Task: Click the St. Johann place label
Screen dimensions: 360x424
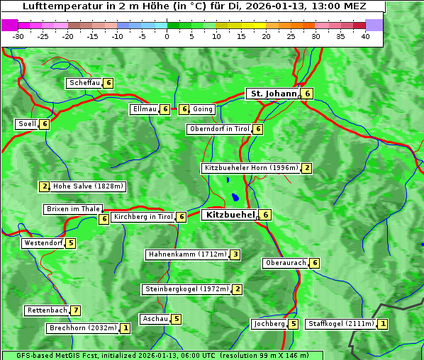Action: pyautogui.click(x=272, y=94)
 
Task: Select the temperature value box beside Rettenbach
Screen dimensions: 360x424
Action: pyautogui.click(x=76, y=310)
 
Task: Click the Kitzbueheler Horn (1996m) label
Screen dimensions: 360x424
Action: pyautogui.click(x=251, y=168)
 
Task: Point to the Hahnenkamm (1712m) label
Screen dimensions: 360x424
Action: pyautogui.click(x=187, y=254)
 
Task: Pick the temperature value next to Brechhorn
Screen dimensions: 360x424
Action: pyautogui.click(x=125, y=328)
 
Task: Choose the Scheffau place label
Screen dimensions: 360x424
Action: pyautogui.click(x=84, y=83)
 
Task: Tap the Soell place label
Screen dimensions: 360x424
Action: pyautogui.click(x=27, y=124)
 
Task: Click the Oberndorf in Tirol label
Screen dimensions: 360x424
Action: pyautogui.click(x=219, y=129)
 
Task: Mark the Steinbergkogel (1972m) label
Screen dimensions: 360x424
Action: pyautogui.click(x=186, y=289)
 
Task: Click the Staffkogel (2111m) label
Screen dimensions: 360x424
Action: pyautogui.click(x=340, y=324)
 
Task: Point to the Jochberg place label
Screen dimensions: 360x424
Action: pyautogui.click(x=269, y=324)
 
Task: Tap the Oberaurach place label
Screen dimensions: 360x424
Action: pyautogui.click(x=285, y=263)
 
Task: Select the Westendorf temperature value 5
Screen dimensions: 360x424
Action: pyautogui.click(x=71, y=243)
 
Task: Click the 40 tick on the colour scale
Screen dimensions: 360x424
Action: pyautogui.click(x=365, y=36)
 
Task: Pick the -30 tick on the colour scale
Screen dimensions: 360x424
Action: pyautogui.click(x=18, y=36)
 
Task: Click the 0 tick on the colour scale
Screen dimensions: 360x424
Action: pyautogui.click(x=167, y=36)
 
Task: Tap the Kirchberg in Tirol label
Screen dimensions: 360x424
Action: pyautogui.click(x=143, y=217)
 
